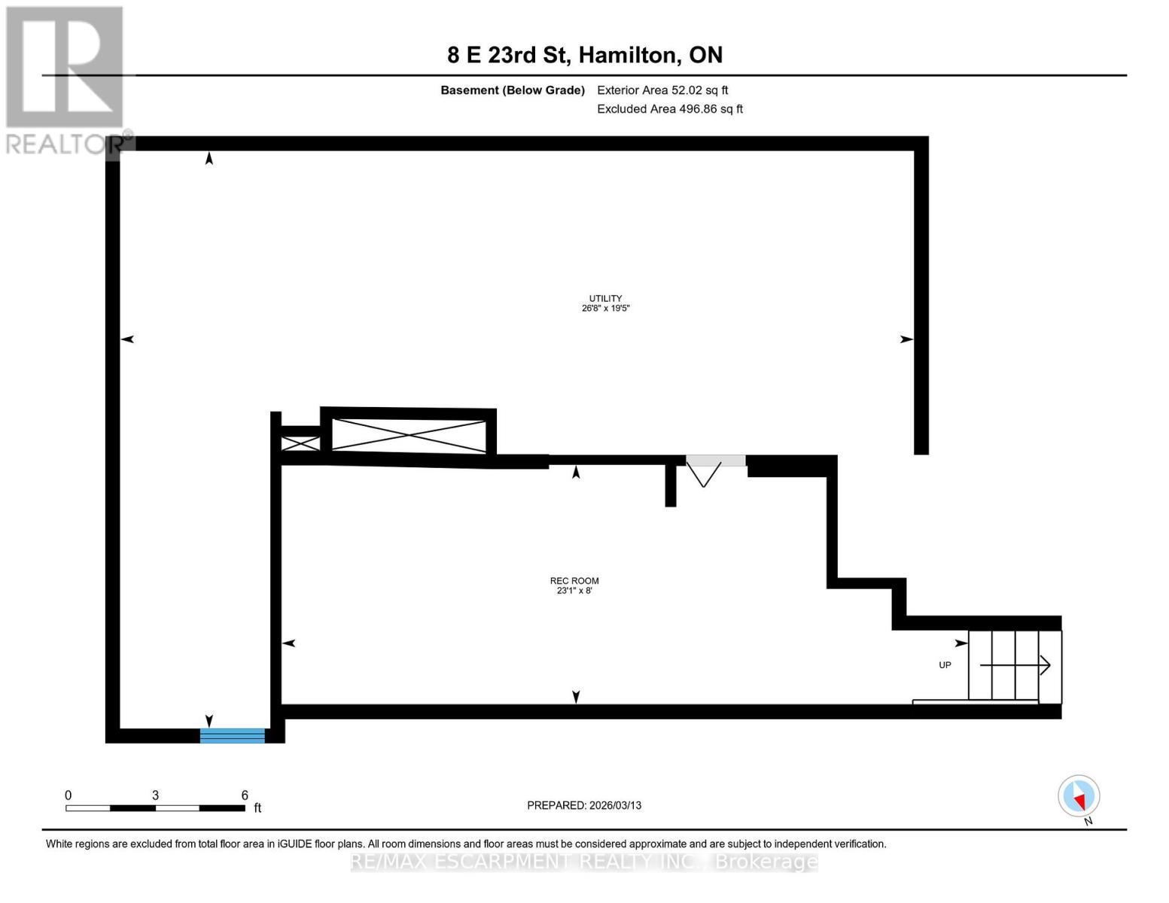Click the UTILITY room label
point(605,298)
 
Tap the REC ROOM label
point(574,580)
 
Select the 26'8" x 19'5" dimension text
point(605,309)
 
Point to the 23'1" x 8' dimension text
point(574,591)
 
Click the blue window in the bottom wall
point(232,735)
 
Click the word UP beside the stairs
point(945,665)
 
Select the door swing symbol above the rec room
point(704,473)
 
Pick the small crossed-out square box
point(300,443)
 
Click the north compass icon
point(1079,796)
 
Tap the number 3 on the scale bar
point(155,795)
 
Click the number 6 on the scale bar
point(245,795)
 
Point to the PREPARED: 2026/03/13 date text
point(584,805)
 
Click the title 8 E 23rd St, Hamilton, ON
point(585,55)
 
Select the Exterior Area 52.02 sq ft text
point(662,90)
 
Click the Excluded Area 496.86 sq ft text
point(670,109)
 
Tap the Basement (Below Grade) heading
point(513,90)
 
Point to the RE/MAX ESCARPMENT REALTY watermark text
point(584,862)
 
